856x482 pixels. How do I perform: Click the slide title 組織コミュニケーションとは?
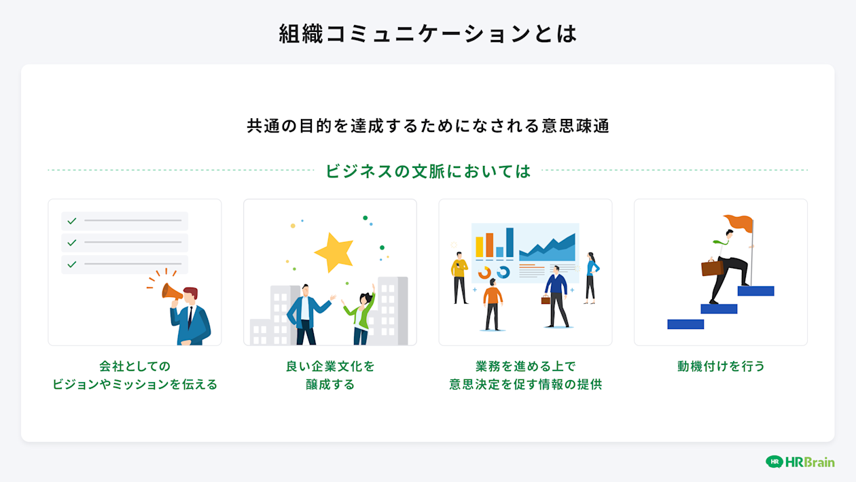[427, 33]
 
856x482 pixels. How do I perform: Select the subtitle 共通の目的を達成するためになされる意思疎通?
[427, 126]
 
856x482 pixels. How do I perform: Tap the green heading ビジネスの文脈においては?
[427, 171]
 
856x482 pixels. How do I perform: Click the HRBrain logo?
[800, 462]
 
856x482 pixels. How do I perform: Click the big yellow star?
[334, 252]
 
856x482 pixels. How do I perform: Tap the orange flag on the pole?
[740, 222]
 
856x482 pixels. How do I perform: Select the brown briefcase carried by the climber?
[712, 268]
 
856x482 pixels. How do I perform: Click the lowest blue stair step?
[685, 324]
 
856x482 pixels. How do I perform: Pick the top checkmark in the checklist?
[71, 221]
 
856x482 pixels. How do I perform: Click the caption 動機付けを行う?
[721, 366]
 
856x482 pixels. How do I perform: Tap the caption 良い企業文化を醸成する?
[330, 375]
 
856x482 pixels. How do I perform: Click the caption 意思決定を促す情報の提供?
[525, 384]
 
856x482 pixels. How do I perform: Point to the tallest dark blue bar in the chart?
[510, 242]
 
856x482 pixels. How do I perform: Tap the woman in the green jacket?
[361, 316]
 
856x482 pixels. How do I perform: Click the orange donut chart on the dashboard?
[484, 273]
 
